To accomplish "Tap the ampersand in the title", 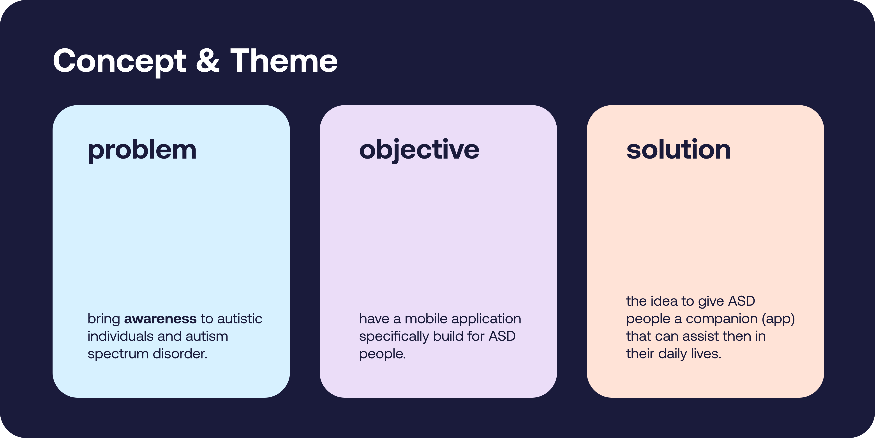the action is click(x=208, y=60).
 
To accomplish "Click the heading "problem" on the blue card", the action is click(x=142, y=150).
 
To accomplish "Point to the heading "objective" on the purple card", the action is click(x=419, y=150).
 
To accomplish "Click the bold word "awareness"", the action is click(x=160, y=319).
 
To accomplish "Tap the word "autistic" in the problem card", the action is click(x=240, y=319).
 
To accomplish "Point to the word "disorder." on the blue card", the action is click(x=180, y=354).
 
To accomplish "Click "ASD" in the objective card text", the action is click(x=502, y=336).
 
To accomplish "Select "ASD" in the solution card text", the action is click(x=741, y=301).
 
